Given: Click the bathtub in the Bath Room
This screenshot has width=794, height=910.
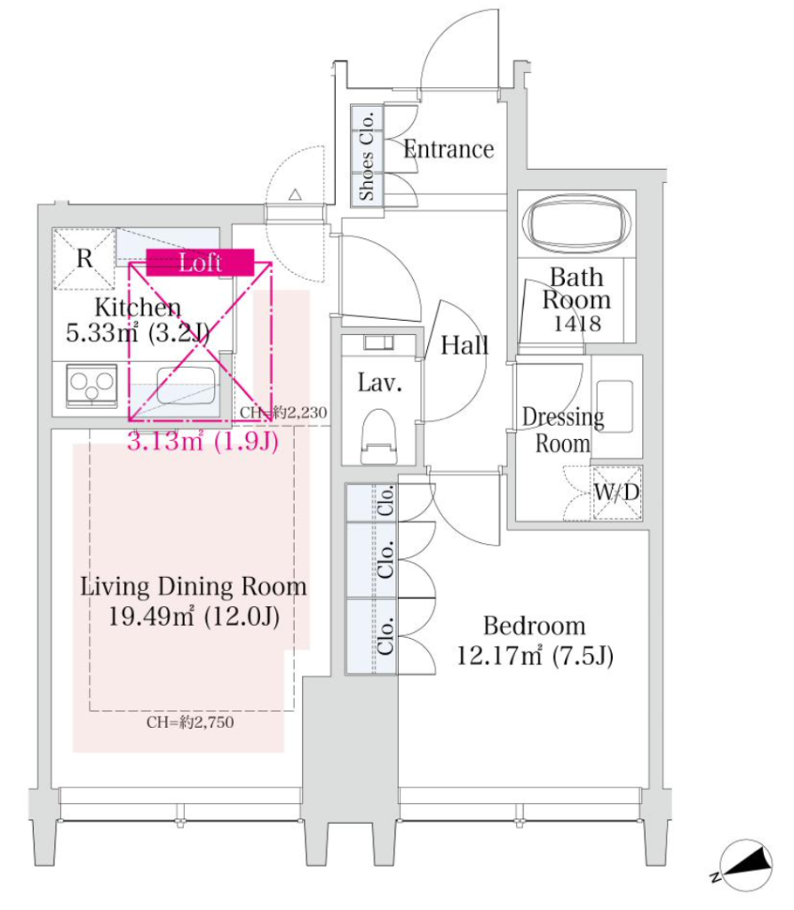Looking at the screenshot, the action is (576, 223).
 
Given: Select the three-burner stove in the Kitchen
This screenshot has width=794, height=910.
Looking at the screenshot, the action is (91, 386).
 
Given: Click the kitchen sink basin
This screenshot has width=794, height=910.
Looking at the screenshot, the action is (187, 386).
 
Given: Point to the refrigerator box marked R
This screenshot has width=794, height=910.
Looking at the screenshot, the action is (84, 259).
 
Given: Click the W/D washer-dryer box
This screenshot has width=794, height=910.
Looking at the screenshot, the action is (616, 492).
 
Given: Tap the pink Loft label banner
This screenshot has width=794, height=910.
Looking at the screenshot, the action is (200, 262).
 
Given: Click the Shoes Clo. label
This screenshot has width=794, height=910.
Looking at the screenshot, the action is (367, 156).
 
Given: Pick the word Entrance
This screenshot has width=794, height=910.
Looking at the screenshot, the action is (449, 149).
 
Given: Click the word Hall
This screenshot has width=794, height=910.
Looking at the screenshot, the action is (464, 346).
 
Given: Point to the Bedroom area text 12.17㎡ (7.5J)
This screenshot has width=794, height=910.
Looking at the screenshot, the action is (535, 656).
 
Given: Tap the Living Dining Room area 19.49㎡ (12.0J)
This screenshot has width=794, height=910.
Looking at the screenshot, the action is (194, 616).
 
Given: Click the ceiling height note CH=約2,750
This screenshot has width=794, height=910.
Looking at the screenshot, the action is (190, 722).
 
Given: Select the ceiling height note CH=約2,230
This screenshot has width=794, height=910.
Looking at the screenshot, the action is (283, 412).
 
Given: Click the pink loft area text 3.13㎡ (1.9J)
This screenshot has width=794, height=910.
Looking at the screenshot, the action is (203, 441).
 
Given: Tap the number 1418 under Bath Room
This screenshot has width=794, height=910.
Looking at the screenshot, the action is (576, 323).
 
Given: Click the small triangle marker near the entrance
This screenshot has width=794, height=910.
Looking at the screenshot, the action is (295, 195).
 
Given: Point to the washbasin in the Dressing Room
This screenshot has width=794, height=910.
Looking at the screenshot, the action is (615, 405).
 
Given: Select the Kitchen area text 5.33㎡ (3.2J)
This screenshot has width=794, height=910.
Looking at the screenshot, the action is (138, 332).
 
